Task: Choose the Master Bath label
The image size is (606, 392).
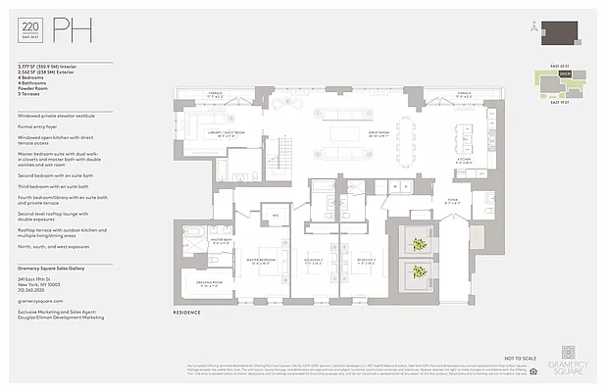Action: point(195,239)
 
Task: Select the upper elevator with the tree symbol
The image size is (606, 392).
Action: point(419,244)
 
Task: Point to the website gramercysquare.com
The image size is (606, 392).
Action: point(40,302)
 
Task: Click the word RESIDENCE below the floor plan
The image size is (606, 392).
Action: point(187,313)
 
